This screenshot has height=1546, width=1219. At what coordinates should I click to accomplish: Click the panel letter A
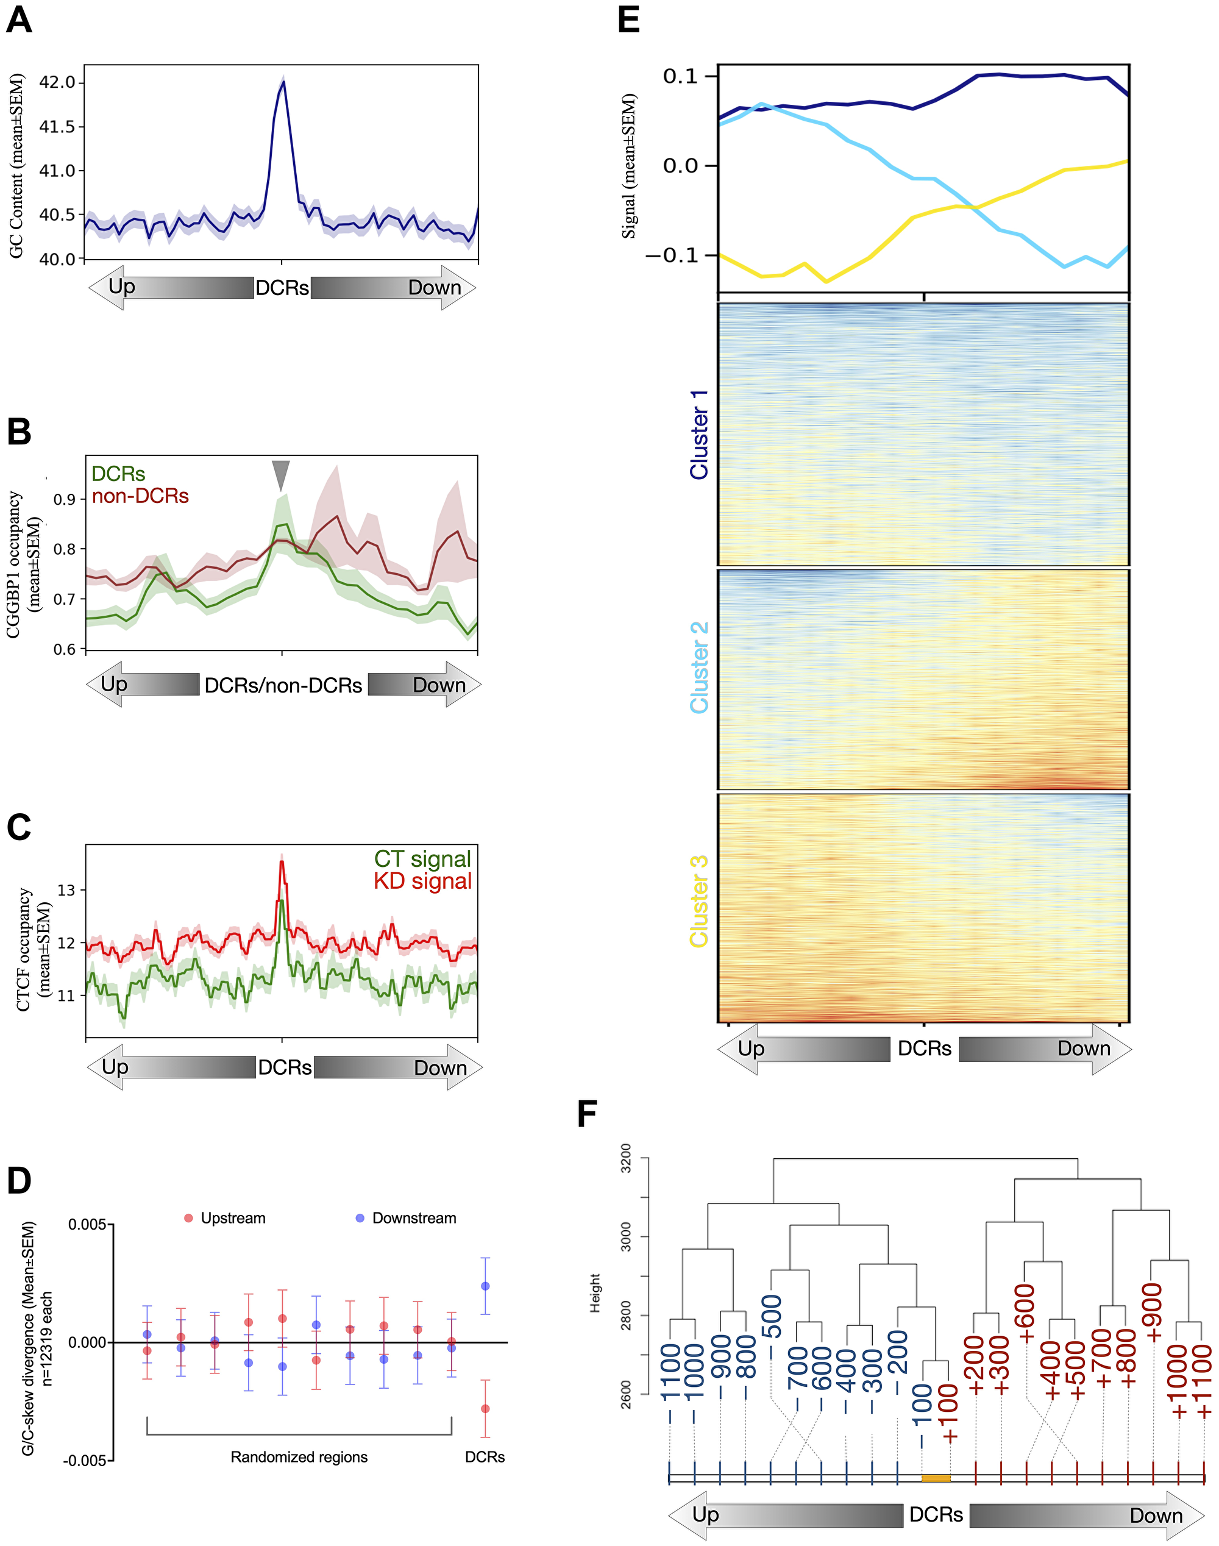pos(20,20)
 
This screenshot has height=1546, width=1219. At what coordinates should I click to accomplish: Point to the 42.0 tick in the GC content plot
pos(57,82)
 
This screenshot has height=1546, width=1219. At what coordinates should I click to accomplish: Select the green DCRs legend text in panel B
pos(118,474)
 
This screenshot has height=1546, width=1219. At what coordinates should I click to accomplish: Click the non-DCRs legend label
pos(140,496)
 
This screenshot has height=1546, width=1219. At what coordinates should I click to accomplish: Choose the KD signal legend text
pos(422,882)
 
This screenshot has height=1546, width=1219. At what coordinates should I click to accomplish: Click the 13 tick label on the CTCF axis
pos(66,890)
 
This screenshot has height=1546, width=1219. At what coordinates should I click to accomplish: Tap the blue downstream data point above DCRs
pos(485,1286)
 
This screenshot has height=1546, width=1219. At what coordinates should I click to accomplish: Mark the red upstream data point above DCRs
pos(485,1409)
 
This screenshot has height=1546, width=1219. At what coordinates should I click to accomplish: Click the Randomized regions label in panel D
pos(299,1457)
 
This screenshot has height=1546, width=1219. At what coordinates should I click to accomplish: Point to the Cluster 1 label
pos(698,435)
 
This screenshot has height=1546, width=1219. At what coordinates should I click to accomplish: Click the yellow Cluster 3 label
pos(698,901)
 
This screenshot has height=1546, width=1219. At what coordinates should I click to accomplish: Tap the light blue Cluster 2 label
pos(698,668)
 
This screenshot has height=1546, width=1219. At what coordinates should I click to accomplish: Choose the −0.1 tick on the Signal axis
pos(672,255)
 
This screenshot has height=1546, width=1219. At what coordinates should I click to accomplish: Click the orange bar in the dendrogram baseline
pos(936,1478)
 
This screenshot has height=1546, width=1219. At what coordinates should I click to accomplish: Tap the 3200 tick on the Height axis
pos(626,1158)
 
